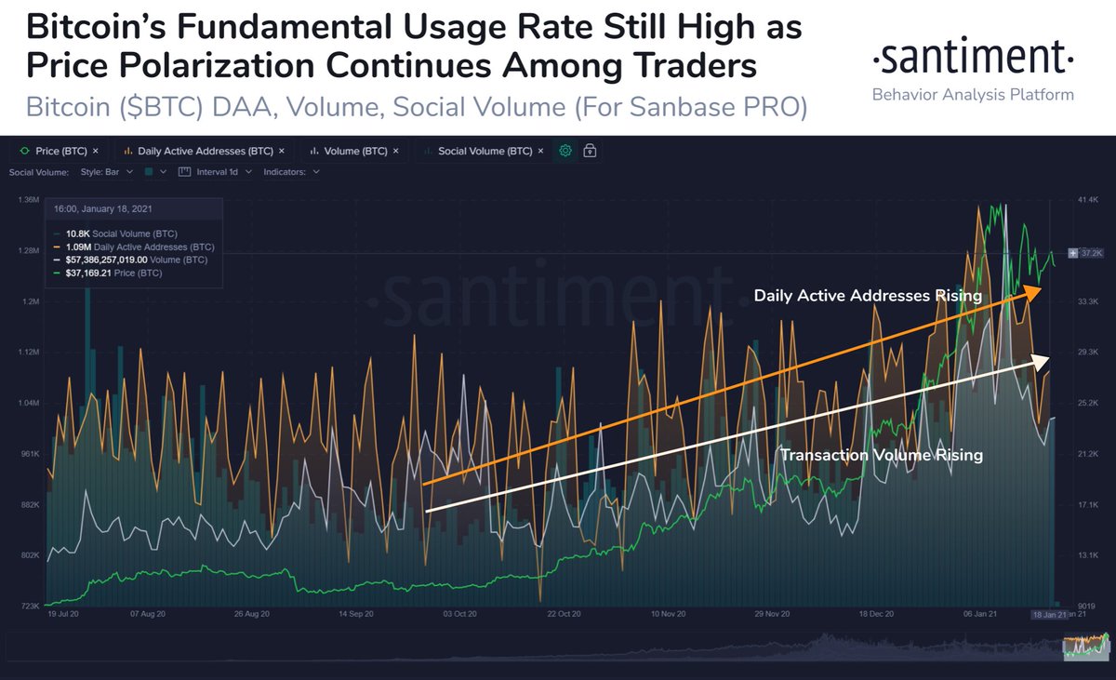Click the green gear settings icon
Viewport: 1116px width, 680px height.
point(565,151)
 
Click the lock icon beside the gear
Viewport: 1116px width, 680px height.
point(590,151)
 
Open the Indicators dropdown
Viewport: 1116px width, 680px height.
point(291,172)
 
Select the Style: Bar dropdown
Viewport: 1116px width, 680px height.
point(107,172)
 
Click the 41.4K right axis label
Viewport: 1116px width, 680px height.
point(1088,201)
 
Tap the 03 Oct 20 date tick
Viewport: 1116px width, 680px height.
point(459,615)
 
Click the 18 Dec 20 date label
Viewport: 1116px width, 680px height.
point(876,615)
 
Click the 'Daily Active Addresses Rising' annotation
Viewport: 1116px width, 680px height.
point(867,296)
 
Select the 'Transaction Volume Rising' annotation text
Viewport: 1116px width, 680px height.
point(881,456)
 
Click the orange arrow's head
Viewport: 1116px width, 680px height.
point(1033,291)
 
